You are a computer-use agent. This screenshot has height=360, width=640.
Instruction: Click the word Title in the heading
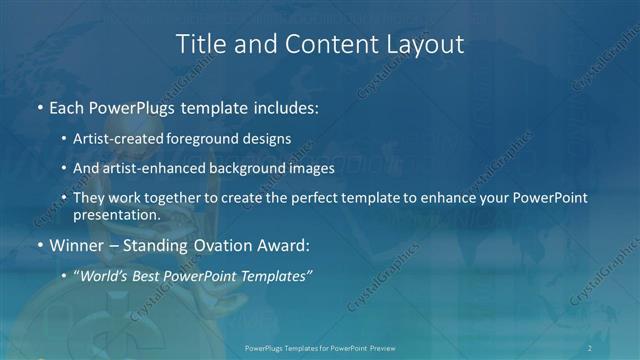199,45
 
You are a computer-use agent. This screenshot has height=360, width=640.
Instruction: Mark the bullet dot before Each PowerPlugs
39,106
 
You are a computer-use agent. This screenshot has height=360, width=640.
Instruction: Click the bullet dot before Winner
39,245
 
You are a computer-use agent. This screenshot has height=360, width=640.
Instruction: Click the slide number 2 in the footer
590,347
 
